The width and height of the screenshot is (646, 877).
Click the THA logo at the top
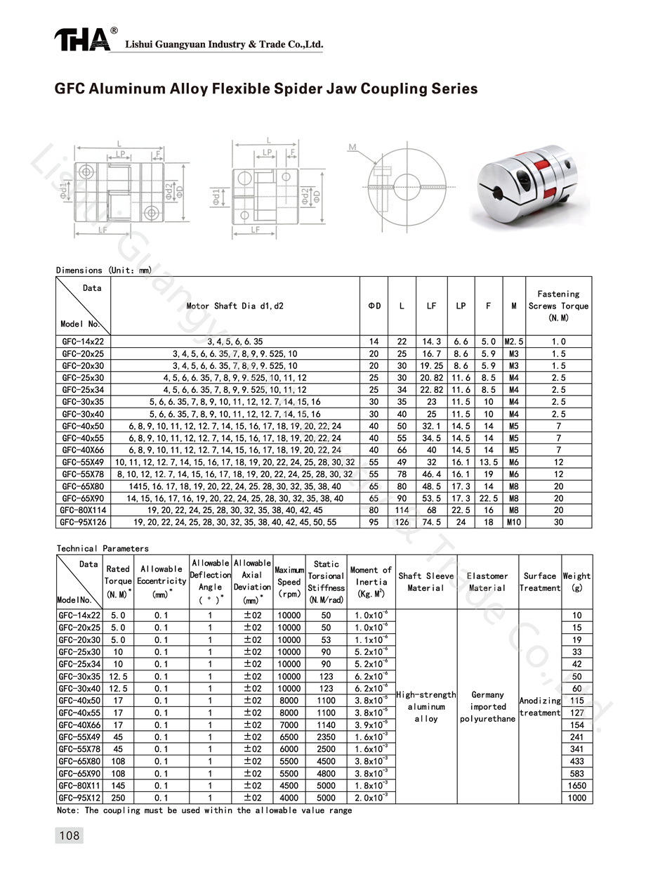click(x=83, y=40)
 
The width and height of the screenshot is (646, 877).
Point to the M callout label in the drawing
click(x=352, y=148)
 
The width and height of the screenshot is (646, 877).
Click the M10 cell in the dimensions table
click(x=514, y=522)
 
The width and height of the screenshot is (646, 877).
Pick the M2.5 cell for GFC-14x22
click(x=514, y=342)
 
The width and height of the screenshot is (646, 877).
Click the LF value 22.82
click(x=431, y=390)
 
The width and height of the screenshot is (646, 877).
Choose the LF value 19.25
click(x=431, y=365)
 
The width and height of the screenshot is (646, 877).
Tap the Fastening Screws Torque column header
click(x=558, y=306)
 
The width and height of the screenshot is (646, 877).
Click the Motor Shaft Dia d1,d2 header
click(x=235, y=306)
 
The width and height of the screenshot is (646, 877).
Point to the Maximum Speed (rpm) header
click(x=289, y=582)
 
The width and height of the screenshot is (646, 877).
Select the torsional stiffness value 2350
click(x=326, y=737)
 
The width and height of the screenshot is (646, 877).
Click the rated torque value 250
click(x=117, y=798)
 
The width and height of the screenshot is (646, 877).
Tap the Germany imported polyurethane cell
click(x=487, y=707)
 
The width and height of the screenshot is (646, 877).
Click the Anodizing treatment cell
click(x=539, y=706)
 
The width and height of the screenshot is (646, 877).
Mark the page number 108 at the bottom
click(x=69, y=836)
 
